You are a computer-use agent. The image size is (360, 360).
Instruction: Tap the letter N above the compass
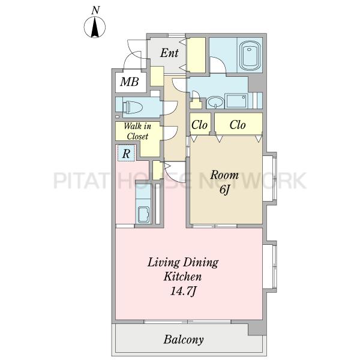coord(95,10)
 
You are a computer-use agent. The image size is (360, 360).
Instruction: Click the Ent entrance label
coord(169,53)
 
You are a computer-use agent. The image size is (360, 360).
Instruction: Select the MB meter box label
coord(130,82)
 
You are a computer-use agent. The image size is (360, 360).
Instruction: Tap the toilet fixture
coord(133,107)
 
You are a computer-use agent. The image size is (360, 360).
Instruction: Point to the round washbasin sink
coord(215,102)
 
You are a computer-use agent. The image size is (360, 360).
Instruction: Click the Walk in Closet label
coord(137,131)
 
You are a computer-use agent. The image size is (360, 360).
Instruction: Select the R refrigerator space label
coord(126,154)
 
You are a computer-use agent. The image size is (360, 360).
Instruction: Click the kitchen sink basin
coord(144,214)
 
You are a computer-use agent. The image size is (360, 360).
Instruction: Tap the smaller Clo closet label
coord(199,125)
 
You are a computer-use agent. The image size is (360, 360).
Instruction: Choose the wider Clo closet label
coord(238,125)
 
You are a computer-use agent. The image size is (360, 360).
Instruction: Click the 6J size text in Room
coord(224,190)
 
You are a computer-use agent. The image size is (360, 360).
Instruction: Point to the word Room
coord(224,175)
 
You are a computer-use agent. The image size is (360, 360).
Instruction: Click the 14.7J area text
coord(183,291)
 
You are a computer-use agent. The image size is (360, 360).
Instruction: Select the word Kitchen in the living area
coord(182,277)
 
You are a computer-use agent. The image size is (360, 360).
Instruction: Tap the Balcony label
coord(184,340)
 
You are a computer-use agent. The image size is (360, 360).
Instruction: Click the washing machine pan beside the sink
coord(236,101)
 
